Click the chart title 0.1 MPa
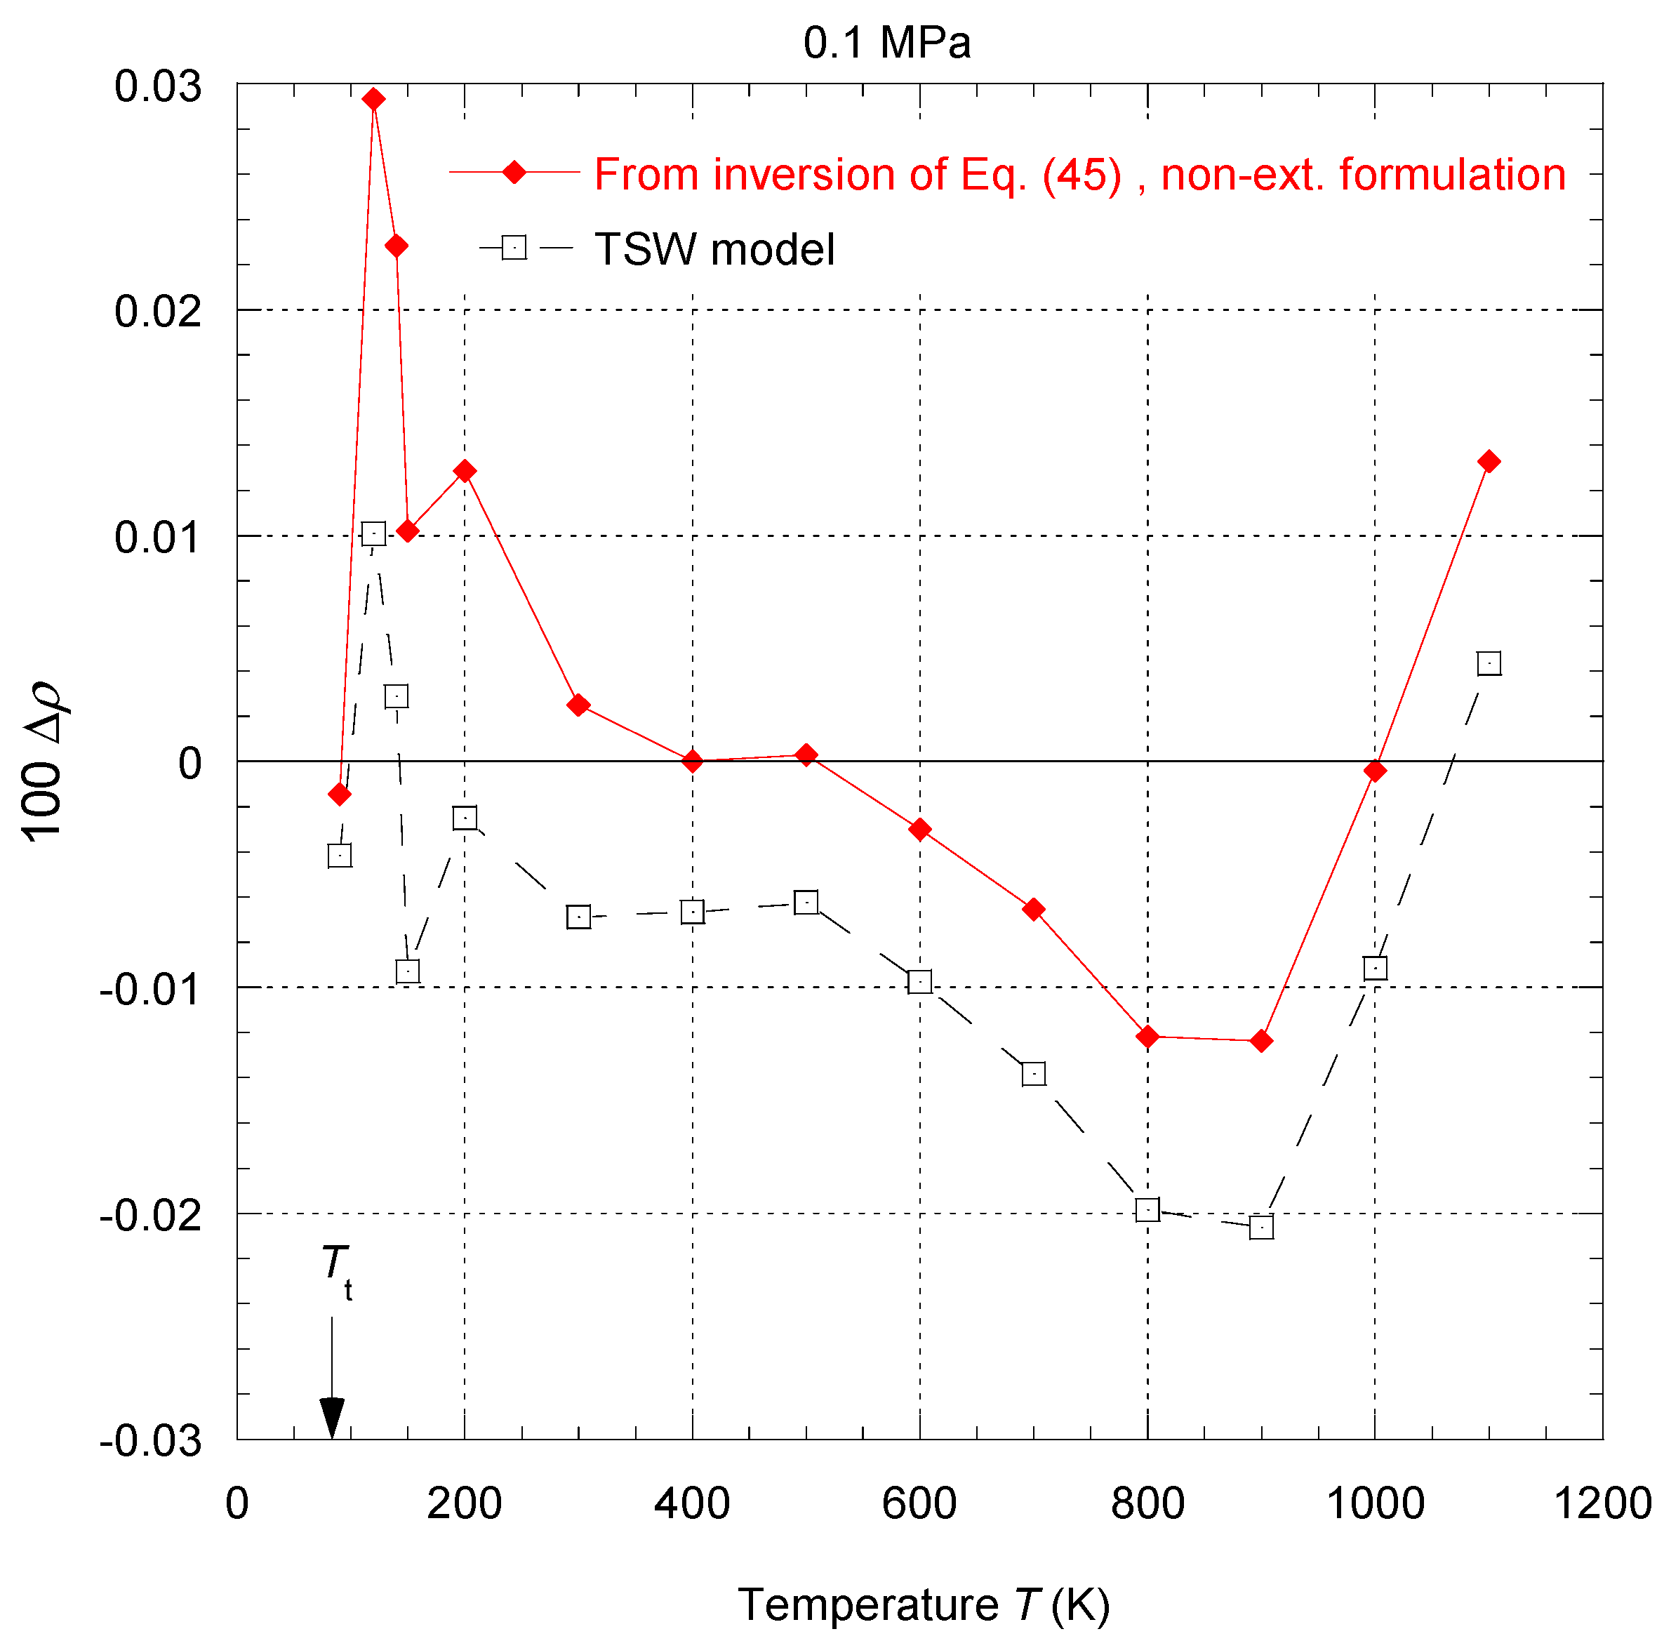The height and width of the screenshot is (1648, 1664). (x=886, y=43)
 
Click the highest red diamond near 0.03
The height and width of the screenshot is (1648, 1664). (x=373, y=99)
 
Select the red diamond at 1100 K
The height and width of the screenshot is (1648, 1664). (x=1489, y=462)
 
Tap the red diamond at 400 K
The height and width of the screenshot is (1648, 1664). (x=693, y=761)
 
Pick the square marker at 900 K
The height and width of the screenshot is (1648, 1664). (x=1261, y=1227)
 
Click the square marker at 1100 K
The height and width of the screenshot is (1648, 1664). (x=1489, y=663)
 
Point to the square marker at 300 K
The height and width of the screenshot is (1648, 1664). (x=579, y=917)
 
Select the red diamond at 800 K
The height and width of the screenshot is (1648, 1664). (x=1147, y=1037)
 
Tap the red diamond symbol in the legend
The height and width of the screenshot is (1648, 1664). (x=514, y=172)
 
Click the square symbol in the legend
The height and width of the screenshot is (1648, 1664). (x=514, y=248)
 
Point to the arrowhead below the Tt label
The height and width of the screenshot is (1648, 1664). (x=331, y=1416)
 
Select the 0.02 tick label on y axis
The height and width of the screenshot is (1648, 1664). (x=158, y=311)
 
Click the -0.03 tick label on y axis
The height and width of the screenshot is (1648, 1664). (x=151, y=1440)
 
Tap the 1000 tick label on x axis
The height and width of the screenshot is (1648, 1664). (x=1375, y=1504)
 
